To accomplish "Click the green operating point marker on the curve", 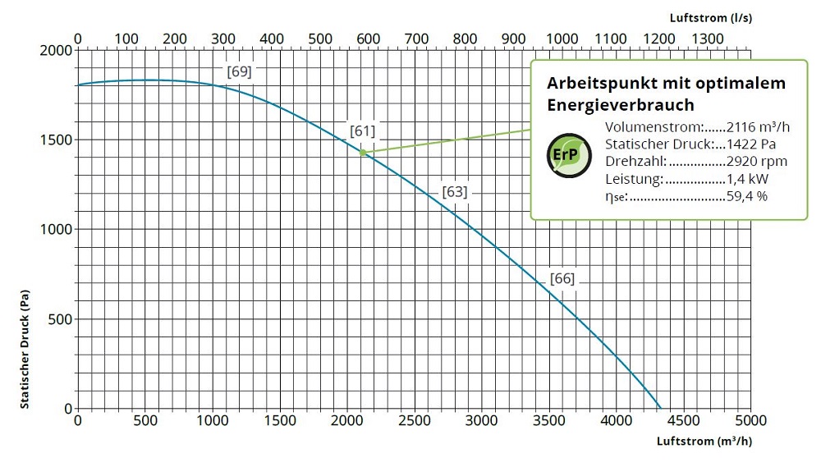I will pos(362,153).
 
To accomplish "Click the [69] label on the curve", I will pos(239,71).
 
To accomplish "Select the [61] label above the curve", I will pos(362,130).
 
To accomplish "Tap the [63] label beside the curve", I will pos(454,192).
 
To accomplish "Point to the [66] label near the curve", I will pos(562,278).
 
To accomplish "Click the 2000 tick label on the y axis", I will pos(56,51).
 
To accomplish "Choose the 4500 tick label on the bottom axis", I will pos(683,421).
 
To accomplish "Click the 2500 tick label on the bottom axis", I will pos(414,421).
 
